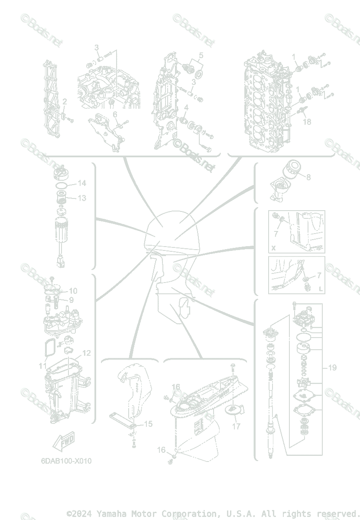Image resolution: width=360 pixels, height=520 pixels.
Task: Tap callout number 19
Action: tap(332, 368)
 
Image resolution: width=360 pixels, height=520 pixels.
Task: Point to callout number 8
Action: tap(308, 177)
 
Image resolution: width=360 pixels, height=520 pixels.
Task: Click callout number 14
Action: tap(82, 183)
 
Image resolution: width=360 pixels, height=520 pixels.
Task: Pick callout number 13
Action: tap(82, 198)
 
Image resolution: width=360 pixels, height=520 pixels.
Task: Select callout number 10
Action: tap(73, 291)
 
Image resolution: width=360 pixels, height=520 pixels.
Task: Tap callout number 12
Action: tap(87, 353)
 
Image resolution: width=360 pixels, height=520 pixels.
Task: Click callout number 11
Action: tap(42, 366)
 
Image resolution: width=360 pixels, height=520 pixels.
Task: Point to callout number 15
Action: tap(148, 424)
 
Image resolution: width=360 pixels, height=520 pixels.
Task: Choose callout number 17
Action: tap(236, 426)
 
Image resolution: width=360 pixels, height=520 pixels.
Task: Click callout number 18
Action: tap(307, 122)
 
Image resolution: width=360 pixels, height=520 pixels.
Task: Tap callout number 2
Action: tap(65, 102)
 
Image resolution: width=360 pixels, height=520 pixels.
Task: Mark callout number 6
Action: tap(115, 114)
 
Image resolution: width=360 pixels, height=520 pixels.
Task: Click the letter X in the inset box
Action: tap(273, 248)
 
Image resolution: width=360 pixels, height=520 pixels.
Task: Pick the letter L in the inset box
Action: tap(320, 289)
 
